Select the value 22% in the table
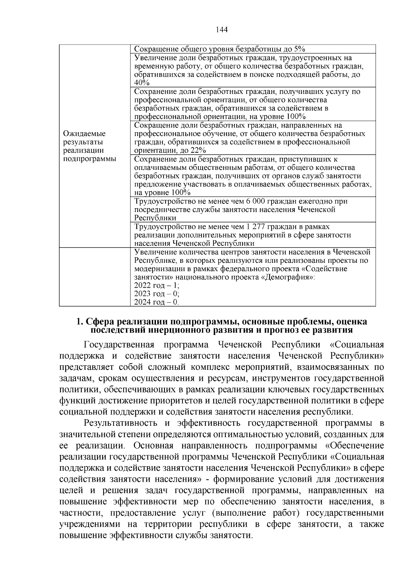pyautogui.click(x=199, y=151)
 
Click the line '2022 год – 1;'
pyautogui.click(x=156, y=286)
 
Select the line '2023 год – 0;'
pyautogui.click(x=156, y=294)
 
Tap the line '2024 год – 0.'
pyautogui.click(x=156, y=302)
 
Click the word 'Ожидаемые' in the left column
pyautogui.click(x=84, y=134)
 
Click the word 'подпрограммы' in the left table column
pyautogui.click(x=90, y=159)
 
